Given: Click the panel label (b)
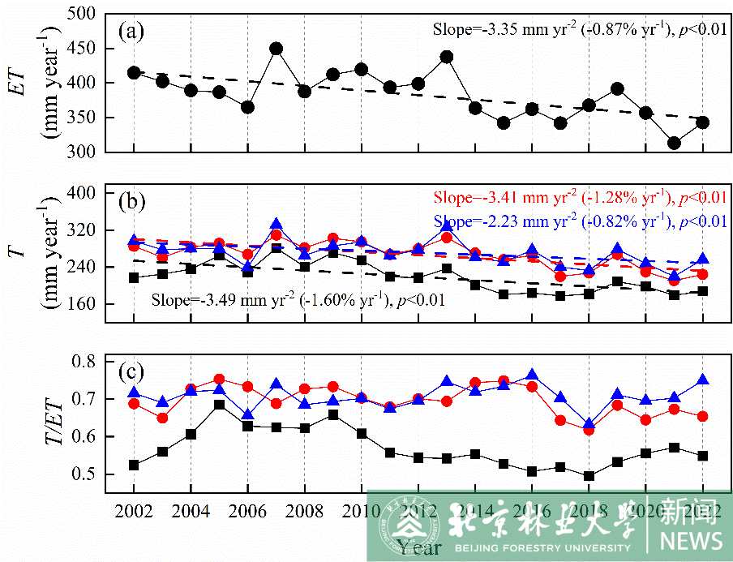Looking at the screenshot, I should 131,199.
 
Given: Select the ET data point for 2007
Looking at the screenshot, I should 276,49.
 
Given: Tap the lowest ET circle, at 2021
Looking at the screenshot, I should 674,143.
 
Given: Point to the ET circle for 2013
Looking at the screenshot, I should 446,57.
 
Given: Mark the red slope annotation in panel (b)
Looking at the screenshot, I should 579,198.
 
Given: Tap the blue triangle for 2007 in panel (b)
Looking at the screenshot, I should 276,225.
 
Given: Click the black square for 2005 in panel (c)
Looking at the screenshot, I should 219,404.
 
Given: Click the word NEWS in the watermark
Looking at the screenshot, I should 691,539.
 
